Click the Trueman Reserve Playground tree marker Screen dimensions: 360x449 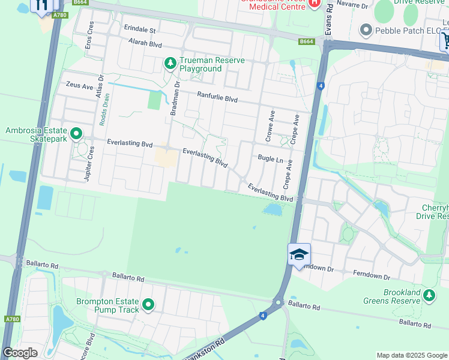pos(170,62)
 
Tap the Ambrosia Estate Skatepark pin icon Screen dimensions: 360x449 pos(76,133)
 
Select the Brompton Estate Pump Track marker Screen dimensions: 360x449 pos(148,305)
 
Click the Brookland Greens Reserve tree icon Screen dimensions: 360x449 pos(429,295)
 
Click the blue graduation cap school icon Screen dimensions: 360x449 pos(299,254)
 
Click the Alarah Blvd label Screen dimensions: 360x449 pos(146,44)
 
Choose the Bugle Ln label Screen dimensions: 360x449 pos(270,160)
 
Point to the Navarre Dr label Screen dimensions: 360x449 pos(351,5)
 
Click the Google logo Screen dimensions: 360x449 pos(20,353)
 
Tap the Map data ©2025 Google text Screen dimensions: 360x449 pos(412,355)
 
